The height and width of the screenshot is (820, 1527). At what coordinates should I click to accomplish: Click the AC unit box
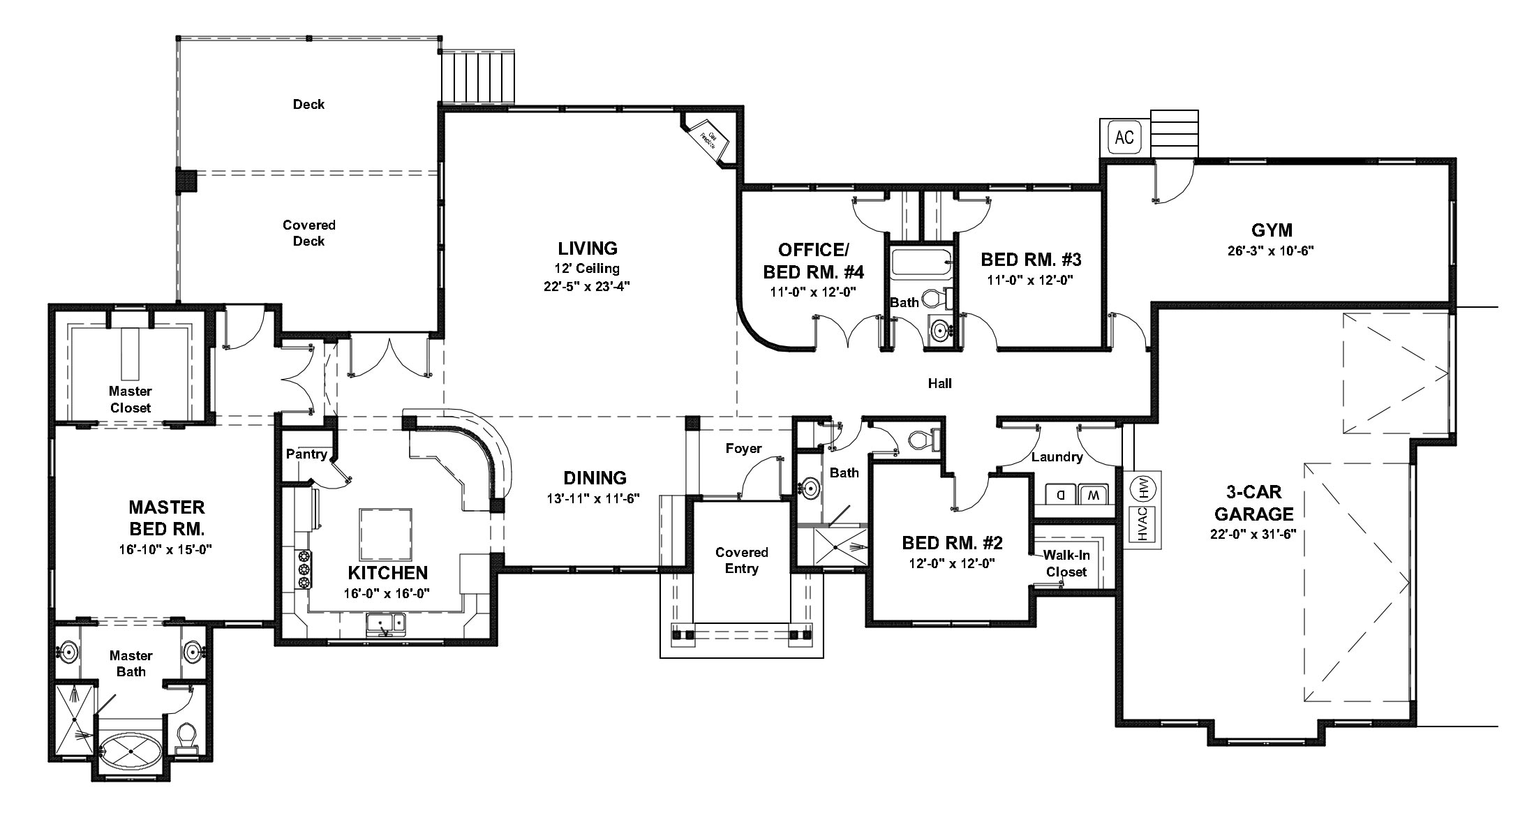point(1124,137)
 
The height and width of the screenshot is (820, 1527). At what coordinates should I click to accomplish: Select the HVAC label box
point(1142,524)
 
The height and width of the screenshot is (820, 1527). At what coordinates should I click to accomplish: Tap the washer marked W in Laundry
point(1093,495)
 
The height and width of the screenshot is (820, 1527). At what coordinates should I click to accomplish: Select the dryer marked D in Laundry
point(1060,495)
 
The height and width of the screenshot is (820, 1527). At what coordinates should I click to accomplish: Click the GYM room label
point(1271,230)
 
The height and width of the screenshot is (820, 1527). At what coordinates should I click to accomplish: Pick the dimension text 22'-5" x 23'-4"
point(587,285)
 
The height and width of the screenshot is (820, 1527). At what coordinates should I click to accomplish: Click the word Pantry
point(306,454)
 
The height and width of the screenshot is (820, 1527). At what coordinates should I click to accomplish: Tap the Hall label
point(939,382)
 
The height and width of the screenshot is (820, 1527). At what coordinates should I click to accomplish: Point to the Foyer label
point(743,448)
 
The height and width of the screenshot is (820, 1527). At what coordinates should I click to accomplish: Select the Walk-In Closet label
point(1066,563)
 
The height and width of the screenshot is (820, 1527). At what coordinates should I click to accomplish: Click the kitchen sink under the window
point(386,623)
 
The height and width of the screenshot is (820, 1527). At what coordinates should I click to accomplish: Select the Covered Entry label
point(741,560)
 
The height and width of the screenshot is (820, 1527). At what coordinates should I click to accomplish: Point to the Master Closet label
point(131,399)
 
